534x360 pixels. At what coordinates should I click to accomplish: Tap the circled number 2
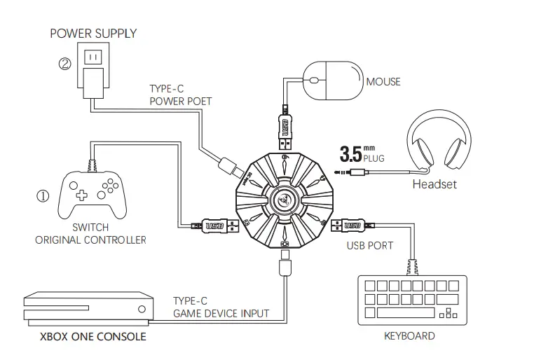[x=64, y=64]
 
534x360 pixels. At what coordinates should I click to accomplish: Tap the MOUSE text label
[x=383, y=82]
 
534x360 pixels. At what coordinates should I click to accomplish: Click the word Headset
[x=434, y=184]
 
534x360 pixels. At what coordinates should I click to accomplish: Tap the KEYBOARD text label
[x=409, y=335]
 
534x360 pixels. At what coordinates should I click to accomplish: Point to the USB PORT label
[x=370, y=246]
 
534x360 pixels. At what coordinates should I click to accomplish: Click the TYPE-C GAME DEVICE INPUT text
[x=220, y=307]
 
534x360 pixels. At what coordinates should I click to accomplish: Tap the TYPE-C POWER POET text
[x=180, y=95]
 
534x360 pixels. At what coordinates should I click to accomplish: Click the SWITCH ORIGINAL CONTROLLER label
[x=91, y=234]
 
